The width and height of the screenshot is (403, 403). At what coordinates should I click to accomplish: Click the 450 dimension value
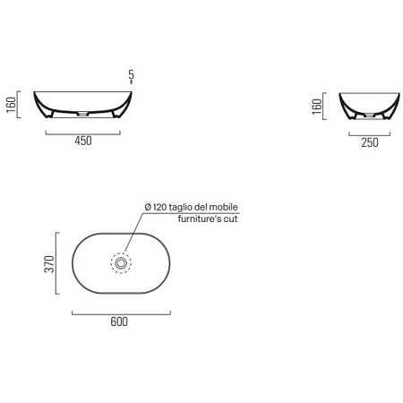[x=83, y=141]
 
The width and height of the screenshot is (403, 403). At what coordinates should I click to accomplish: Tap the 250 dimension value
[x=370, y=142]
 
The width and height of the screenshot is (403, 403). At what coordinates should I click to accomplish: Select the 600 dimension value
[x=119, y=322]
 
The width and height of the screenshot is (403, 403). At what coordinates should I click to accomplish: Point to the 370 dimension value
[x=49, y=263]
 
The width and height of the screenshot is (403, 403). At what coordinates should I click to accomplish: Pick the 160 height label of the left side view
[x=11, y=105]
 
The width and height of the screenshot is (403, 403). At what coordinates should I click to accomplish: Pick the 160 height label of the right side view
[x=317, y=107]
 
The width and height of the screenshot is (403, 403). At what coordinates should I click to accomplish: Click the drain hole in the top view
[x=121, y=263]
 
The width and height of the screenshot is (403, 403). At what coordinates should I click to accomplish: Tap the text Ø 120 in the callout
[x=156, y=207]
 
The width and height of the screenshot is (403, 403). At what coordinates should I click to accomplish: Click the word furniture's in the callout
[x=200, y=219]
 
